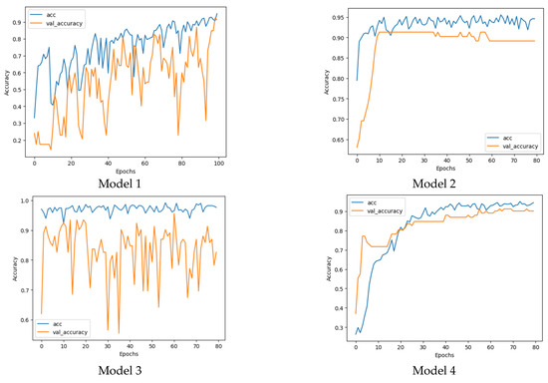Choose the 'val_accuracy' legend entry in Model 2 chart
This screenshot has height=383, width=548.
519,143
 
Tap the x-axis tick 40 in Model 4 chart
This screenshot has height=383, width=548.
445,350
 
